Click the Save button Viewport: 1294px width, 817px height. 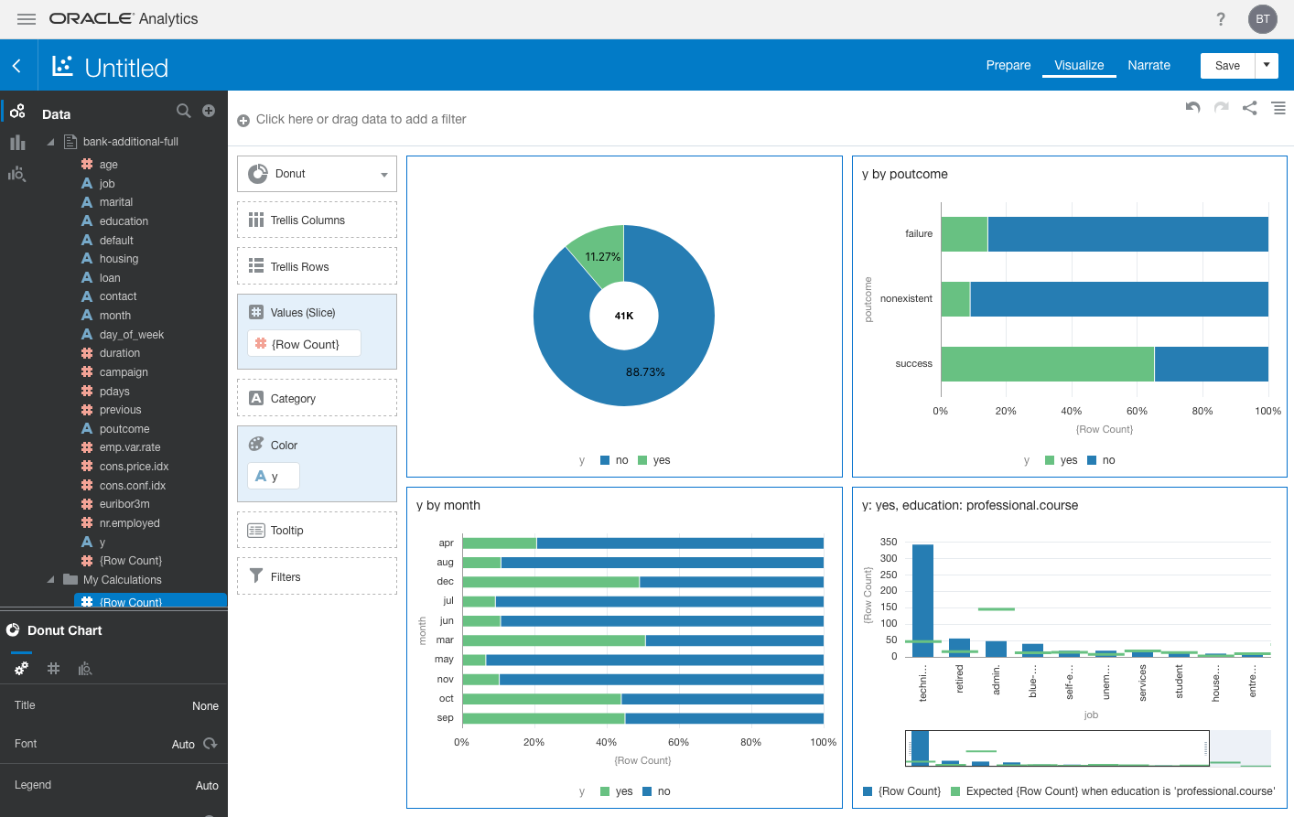[x=1227, y=65]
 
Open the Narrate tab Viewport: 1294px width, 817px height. [x=1148, y=65]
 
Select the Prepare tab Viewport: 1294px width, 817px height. [x=1008, y=65]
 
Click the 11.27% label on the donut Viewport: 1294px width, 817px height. [x=602, y=257]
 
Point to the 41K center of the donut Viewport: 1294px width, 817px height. [x=624, y=316]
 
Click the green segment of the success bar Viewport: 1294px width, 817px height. [x=1046, y=364]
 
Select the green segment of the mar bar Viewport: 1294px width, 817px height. [x=553, y=640]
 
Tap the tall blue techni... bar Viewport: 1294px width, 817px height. [x=922, y=599]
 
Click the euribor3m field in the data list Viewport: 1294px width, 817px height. [x=124, y=504]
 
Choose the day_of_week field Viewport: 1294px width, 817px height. [x=131, y=335]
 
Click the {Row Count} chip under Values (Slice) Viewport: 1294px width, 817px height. [x=304, y=344]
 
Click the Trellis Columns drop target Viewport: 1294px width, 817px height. [x=317, y=220]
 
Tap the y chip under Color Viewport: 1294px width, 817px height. [x=273, y=476]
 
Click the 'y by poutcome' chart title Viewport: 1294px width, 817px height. [x=904, y=174]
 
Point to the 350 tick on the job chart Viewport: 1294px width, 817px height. [x=888, y=542]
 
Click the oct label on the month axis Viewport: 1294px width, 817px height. [x=446, y=698]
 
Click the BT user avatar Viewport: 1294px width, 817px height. [x=1262, y=19]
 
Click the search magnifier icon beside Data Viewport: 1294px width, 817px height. [x=183, y=111]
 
